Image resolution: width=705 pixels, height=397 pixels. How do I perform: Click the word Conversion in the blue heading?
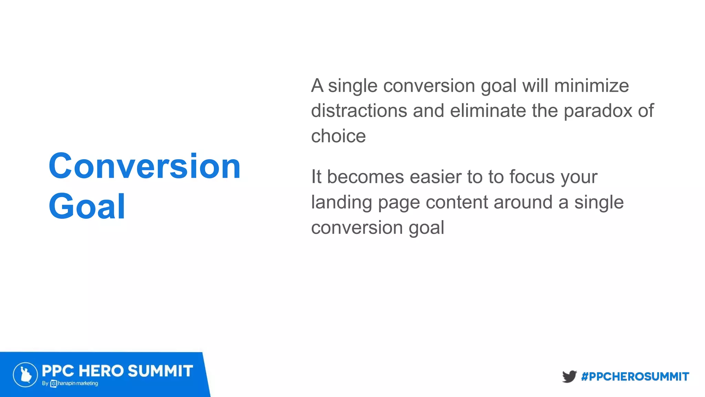point(145,166)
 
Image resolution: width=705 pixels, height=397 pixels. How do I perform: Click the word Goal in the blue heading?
point(87,207)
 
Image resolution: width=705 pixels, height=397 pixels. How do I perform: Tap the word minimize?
point(591,86)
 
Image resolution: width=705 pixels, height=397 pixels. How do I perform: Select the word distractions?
point(359,111)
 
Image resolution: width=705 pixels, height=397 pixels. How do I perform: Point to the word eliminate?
point(488,111)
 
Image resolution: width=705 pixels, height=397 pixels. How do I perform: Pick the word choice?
point(338,136)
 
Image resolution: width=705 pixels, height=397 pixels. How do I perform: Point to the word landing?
point(341,203)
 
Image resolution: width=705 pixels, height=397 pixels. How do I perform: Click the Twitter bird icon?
point(569,376)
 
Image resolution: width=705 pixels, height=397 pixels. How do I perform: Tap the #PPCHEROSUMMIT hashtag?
point(635,377)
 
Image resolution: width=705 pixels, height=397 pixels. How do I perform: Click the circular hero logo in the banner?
point(25,375)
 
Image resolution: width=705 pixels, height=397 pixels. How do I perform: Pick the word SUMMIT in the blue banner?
point(160,371)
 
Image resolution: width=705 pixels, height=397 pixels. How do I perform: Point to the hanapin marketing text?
point(77,383)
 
